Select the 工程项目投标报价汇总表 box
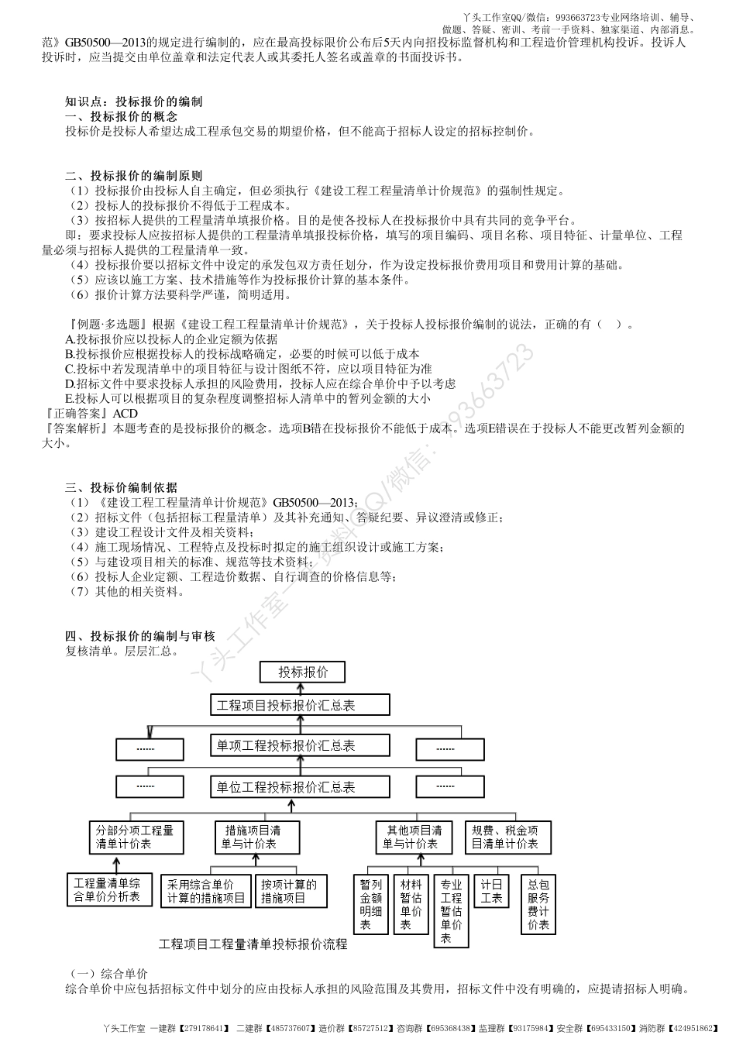[x=300, y=705]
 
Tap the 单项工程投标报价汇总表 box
[x=300, y=745]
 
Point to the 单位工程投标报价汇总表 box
[x=300, y=786]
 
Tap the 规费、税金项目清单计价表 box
[x=507, y=837]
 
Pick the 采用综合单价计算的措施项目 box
[x=207, y=891]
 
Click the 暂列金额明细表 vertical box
[x=370, y=903]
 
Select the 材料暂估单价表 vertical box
[x=411, y=903]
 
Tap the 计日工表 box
[x=492, y=891]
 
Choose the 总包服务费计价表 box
[x=538, y=903]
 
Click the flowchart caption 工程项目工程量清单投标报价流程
[x=253, y=944]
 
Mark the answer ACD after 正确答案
[x=125, y=414]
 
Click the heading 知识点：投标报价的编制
[x=134, y=101]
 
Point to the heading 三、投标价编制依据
[x=122, y=487]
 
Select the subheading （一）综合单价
[x=108, y=974]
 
